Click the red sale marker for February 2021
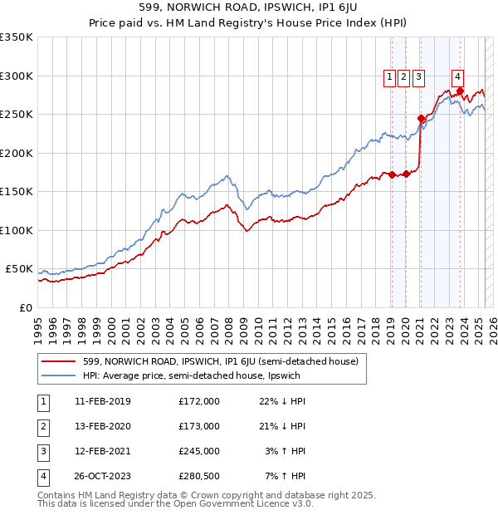click(x=421, y=118)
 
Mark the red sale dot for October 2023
click(x=461, y=91)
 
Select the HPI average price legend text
click(x=192, y=375)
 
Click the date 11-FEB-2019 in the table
click(x=102, y=401)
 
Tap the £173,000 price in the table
click(x=199, y=426)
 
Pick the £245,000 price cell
click(x=199, y=451)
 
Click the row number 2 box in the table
click(x=41, y=426)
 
